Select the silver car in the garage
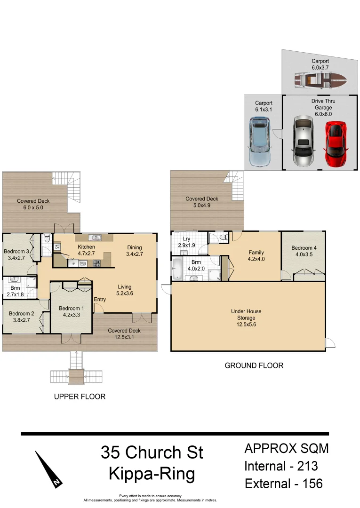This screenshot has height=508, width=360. (x=303, y=141)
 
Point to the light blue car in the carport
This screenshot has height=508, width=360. (x=259, y=142)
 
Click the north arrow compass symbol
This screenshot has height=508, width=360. (x=49, y=469)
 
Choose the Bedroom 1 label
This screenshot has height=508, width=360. (x=70, y=311)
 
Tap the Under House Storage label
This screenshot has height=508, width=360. (x=246, y=317)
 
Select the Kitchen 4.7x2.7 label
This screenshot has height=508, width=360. (x=86, y=250)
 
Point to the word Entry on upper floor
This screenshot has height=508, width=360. (x=100, y=300)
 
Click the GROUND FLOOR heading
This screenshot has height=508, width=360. (x=254, y=365)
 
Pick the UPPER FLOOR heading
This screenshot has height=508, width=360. (x=80, y=397)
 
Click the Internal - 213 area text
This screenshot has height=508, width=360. (x=281, y=466)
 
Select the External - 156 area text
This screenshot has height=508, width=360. (x=283, y=484)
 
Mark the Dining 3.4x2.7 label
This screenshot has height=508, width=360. (x=135, y=251)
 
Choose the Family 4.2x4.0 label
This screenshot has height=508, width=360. (x=256, y=256)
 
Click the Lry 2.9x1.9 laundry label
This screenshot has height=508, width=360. (x=186, y=242)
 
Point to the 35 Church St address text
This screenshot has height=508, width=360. (x=152, y=452)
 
